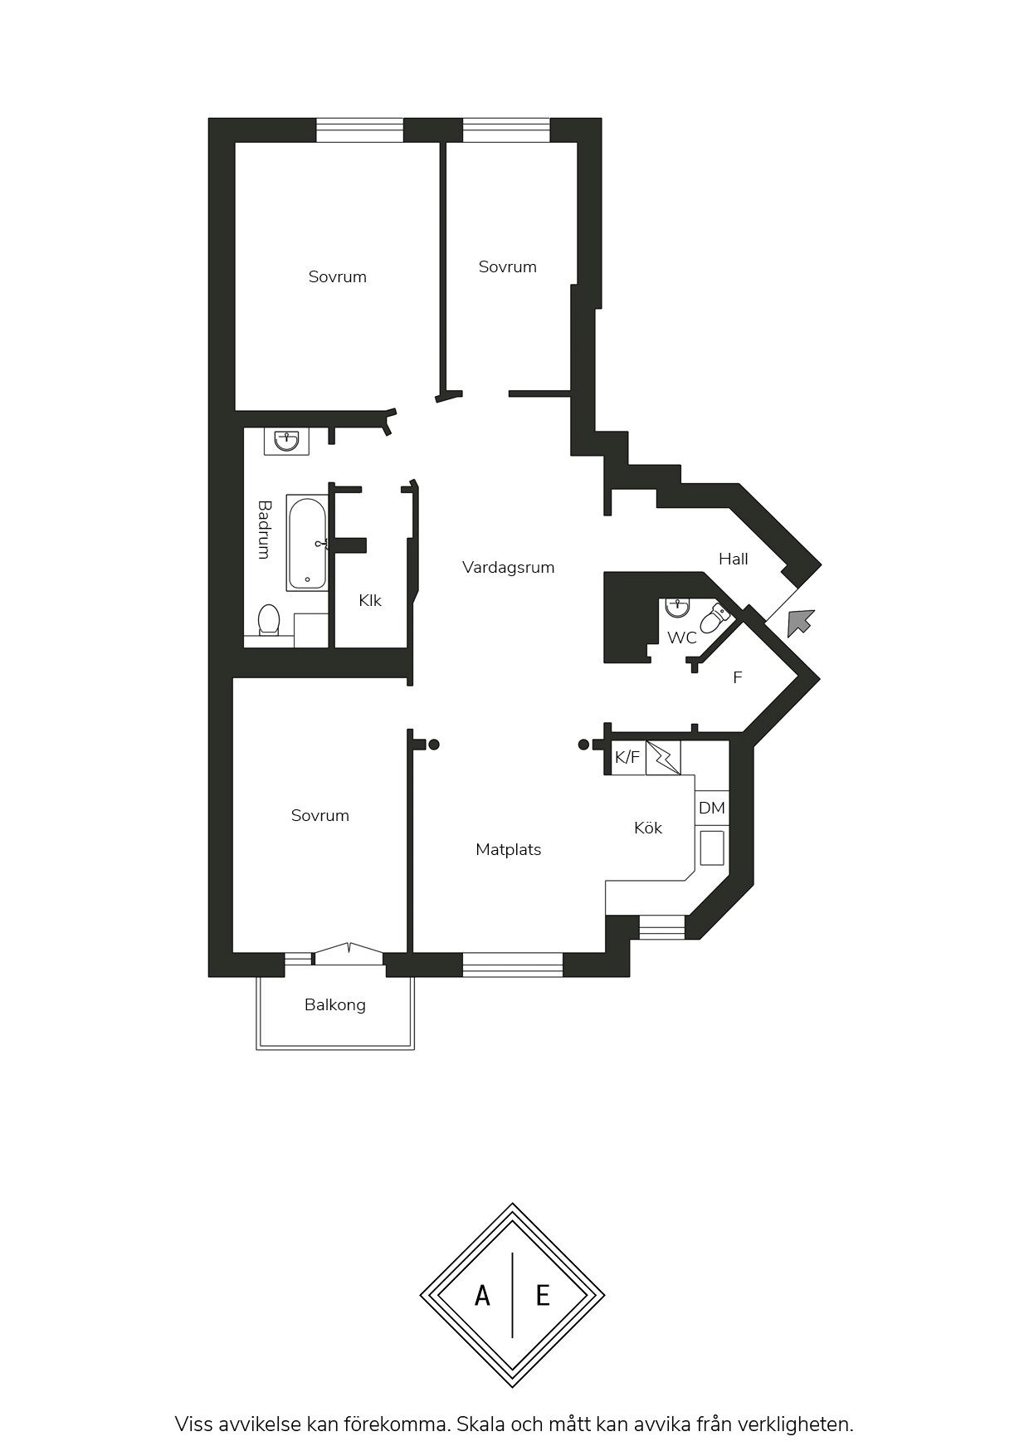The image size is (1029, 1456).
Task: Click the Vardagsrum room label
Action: (x=508, y=568)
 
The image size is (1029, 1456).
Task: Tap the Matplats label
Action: (x=509, y=849)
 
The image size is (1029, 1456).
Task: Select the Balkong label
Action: (x=335, y=1005)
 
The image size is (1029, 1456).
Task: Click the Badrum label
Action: (x=264, y=529)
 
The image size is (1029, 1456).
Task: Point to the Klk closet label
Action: (x=370, y=600)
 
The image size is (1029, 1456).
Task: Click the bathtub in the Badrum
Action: (x=307, y=543)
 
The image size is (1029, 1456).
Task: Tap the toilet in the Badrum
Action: (x=269, y=619)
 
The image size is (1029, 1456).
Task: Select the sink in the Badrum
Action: (x=287, y=441)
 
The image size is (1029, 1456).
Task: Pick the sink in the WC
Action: (x=677, y=607)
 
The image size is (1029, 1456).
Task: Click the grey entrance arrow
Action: (x=800, y=622)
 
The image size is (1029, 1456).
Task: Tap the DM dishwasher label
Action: (x=712, y=808)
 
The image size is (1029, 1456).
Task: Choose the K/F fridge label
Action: (x=627, y=757)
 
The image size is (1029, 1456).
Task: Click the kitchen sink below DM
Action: (x=712, y=848)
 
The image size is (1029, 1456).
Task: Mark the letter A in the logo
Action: (x=482, y=1295)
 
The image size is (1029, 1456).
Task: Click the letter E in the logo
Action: (x=543, y=1295)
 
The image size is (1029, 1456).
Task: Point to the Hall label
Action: (x=734, y=559)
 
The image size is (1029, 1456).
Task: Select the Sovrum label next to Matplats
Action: (x=320, y=816)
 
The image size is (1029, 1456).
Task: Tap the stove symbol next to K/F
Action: (x=663, y=758)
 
